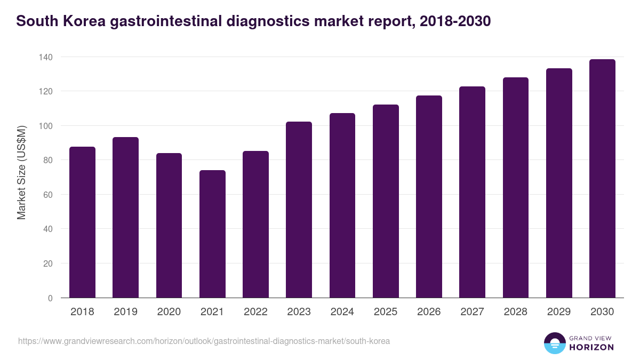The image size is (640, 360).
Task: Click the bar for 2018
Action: [82, 222]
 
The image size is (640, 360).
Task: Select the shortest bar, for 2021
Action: [212, 234]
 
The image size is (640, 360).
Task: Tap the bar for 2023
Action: [299, 210]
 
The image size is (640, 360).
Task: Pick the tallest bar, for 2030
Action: [602, 179]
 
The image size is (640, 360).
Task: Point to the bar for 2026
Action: [429, 197]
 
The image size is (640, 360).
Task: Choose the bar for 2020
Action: [169, 226]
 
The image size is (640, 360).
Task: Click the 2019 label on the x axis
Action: [125, 312]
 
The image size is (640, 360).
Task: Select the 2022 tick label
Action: [255, 312]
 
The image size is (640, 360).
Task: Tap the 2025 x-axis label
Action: [386, 312]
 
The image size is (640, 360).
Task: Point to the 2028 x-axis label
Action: [516, 312]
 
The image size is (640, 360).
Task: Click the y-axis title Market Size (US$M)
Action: [21, 172]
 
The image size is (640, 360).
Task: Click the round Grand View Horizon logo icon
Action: [554, 343]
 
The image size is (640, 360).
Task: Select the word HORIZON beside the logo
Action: [591, 347]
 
